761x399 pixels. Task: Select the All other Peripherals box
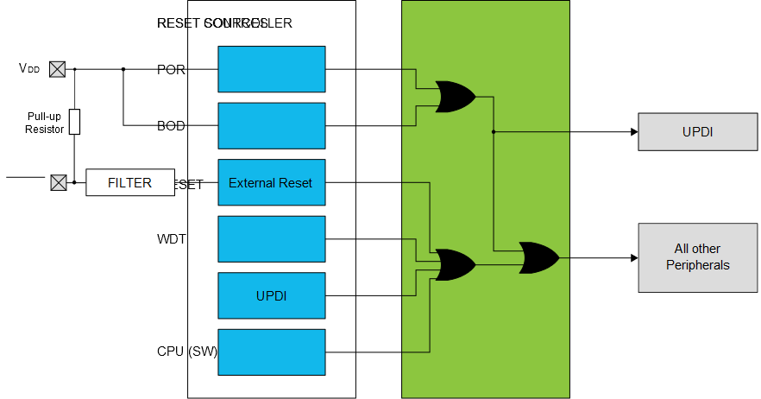tap(697, 256)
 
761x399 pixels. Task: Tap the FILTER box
tap(129, 182)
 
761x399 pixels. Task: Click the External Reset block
tap(271, 182)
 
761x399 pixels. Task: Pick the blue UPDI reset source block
tap(271, 295)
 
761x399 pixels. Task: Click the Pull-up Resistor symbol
tap(75, 122)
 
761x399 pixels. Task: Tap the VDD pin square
tap(57, 69)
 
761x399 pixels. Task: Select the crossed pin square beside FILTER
tap(58, 182)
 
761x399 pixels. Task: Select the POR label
tap(171, 69)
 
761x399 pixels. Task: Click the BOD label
tap(171, 126)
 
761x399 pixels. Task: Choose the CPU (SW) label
tap(186, 351)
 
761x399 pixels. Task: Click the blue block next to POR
tap(271, 69)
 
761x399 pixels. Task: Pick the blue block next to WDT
tap(271, 238)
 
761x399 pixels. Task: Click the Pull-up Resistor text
tap(44, 122)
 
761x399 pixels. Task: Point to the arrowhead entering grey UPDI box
tap(633, 131)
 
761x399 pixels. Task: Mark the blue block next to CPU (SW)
tap(271, 351)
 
